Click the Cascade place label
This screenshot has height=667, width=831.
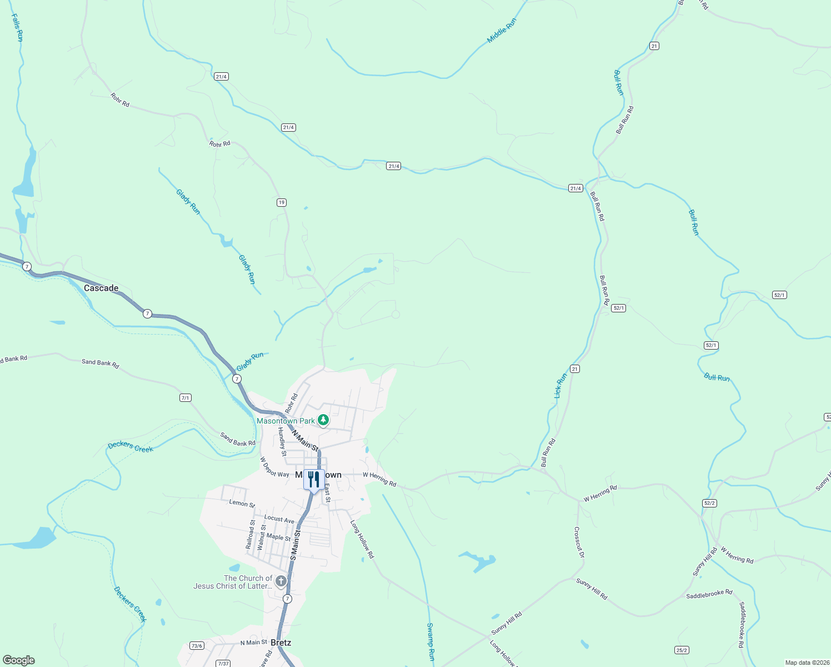(101, 288)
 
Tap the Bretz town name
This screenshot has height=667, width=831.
(281, 643)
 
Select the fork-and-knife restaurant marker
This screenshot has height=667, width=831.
(314, 479)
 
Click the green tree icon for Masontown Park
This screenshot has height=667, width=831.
(323, 420)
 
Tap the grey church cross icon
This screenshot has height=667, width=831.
(281, 581)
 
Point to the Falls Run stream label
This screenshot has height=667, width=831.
(17, 28)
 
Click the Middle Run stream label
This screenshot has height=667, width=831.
(502, 30)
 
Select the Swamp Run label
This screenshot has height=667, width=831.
(430, 641)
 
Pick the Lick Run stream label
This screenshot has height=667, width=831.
(560, 385)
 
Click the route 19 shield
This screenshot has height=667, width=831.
(282, 202)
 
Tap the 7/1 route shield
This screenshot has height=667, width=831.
(186, 398)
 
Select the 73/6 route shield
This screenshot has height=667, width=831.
(197, 645)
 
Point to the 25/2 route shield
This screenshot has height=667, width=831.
(682, 650)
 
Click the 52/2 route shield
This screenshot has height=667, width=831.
(709, 503)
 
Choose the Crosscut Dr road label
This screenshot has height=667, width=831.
(579, 542)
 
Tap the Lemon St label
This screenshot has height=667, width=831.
(242, 503)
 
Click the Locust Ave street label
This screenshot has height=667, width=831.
(279, 519)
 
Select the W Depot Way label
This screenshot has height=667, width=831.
(274, 467)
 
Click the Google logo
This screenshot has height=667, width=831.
(19, 660)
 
